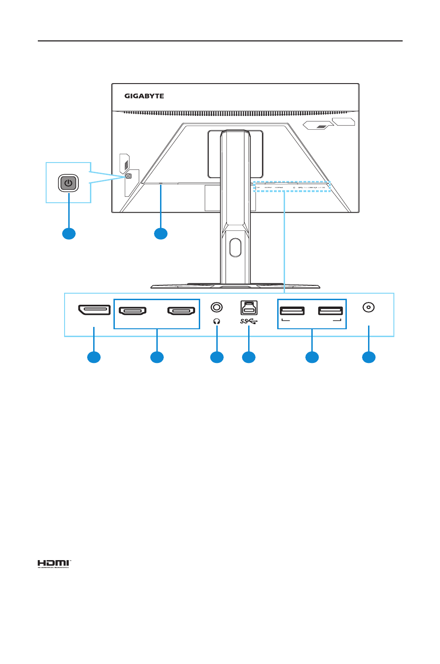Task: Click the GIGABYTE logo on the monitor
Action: [144, 96]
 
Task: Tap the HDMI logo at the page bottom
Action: [54, 563]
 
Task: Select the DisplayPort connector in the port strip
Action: [94, 310]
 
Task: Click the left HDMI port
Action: [133, 311]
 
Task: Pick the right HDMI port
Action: [181, 311]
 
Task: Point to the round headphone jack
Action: [216, 307]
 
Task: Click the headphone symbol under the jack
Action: [217, 321]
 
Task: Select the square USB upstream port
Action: [249, 308]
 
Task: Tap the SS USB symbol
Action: [249, 321]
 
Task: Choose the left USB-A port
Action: [292, 310]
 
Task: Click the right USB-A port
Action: [330, 310]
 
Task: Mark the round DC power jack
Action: [368, 307]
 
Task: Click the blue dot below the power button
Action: [69, 234]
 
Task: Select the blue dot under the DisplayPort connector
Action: [94, 357]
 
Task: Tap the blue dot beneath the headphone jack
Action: [217, 357]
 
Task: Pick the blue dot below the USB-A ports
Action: [312, 357]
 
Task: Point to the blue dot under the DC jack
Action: [369, 357]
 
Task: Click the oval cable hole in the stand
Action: [235, 247]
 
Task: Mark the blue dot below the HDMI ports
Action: [157, 357]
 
